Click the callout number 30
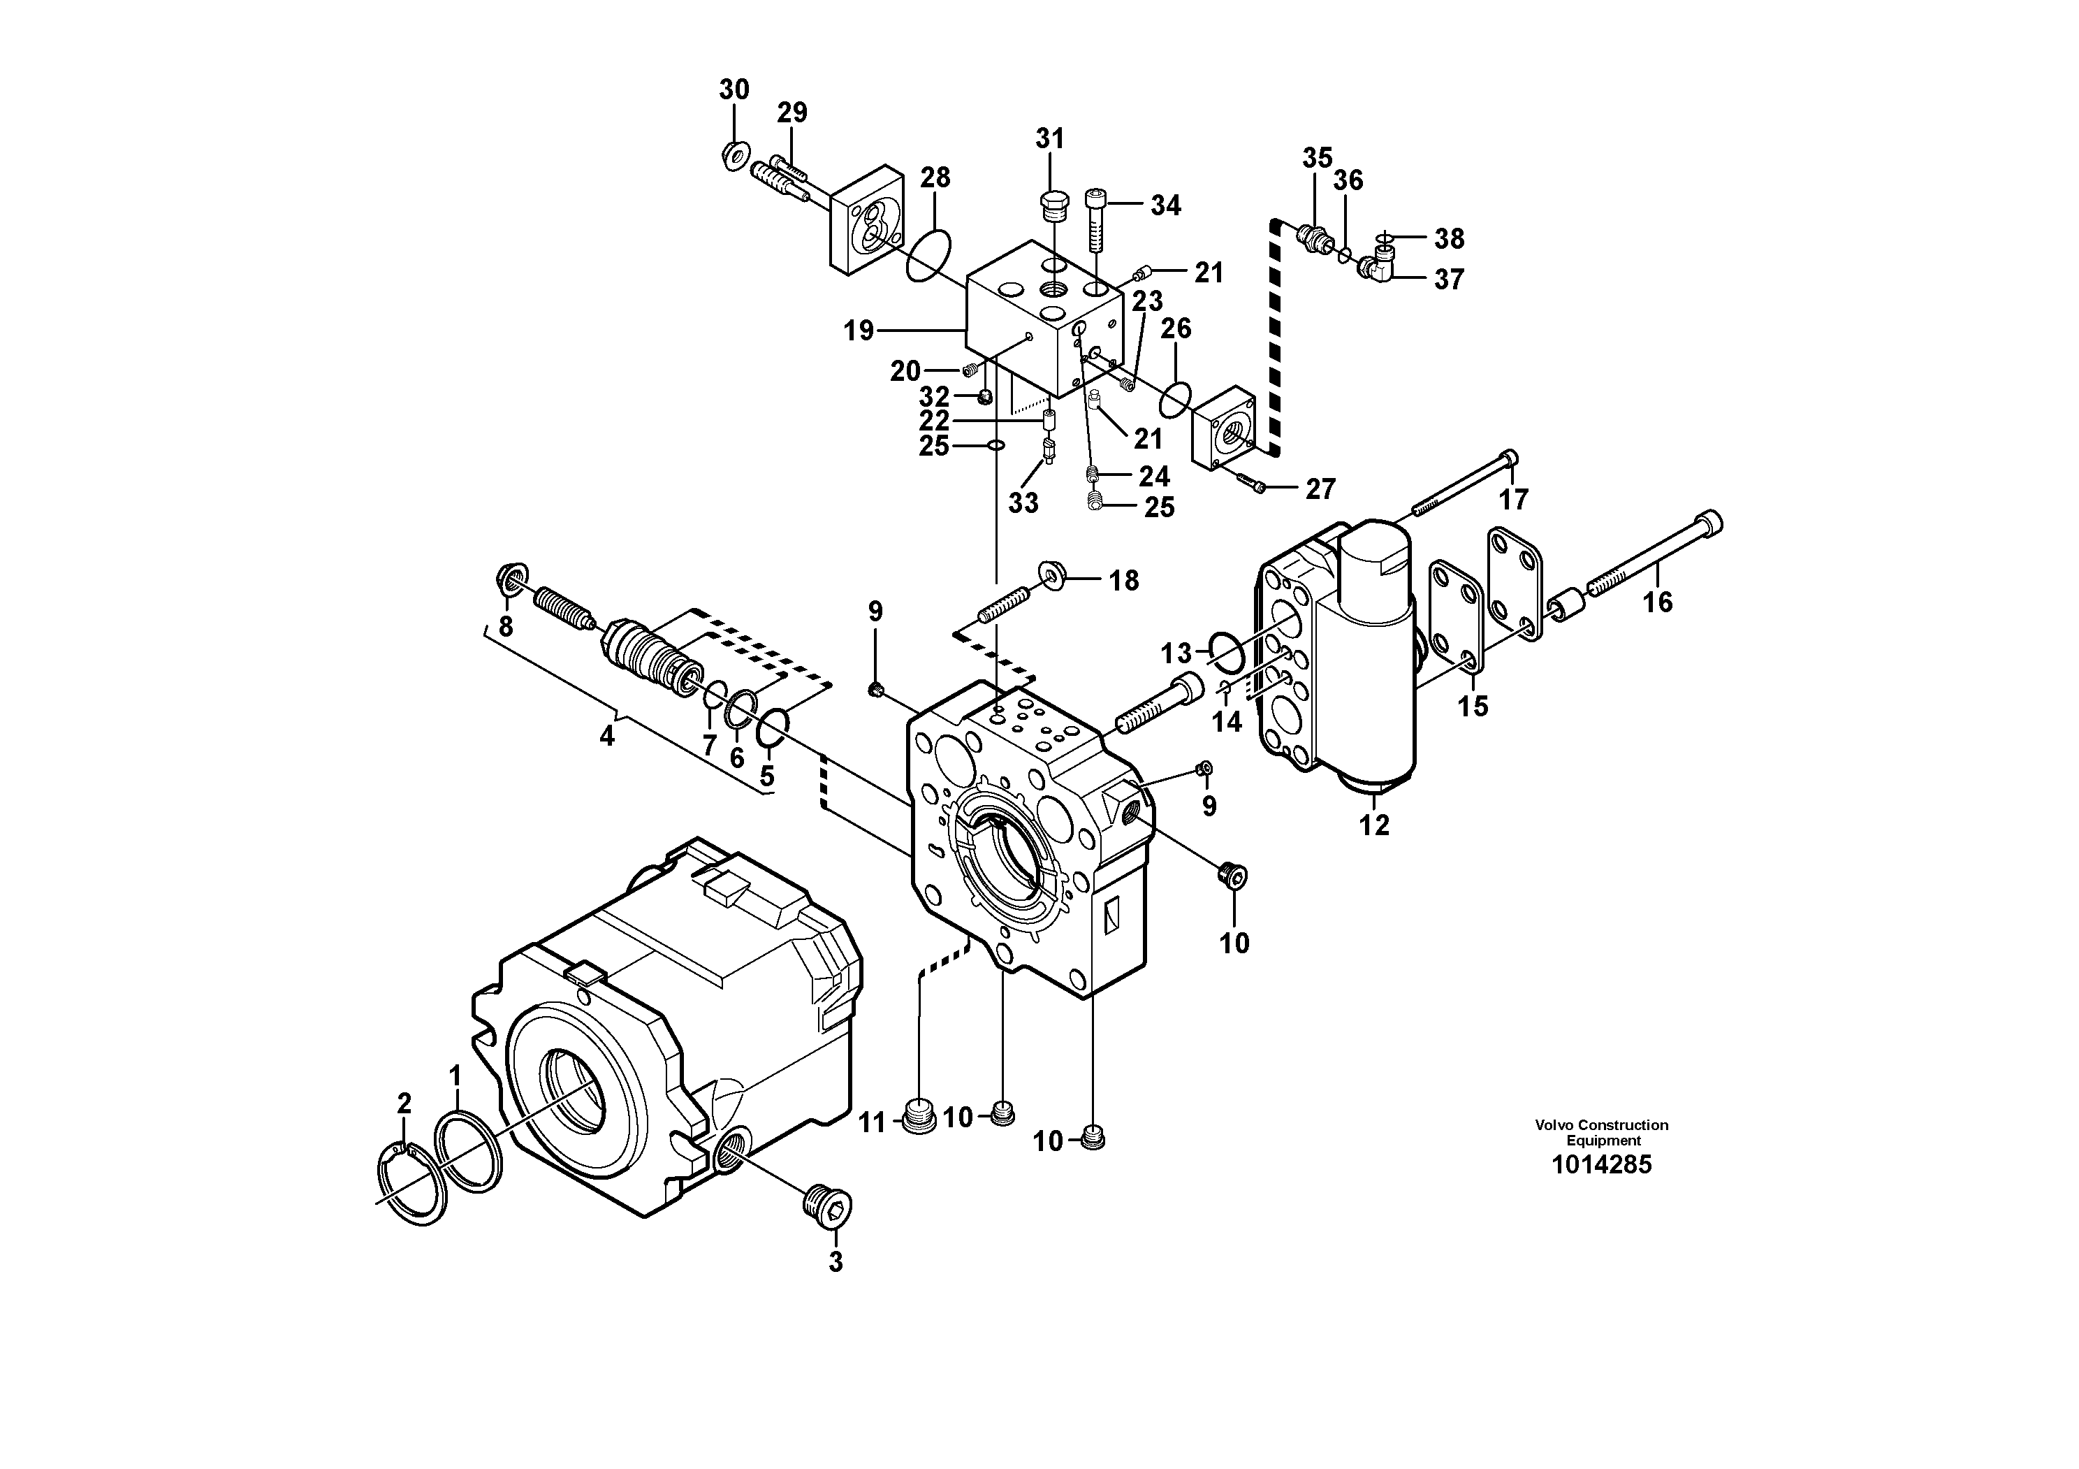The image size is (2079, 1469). tap(734, 89)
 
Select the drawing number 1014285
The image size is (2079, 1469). tap(1601, 1165)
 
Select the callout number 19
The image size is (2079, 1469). tap(859, 331)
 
